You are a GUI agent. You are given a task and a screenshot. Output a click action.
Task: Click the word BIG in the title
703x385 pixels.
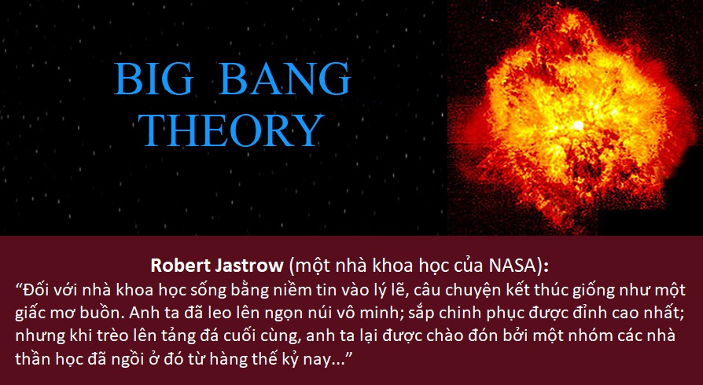click(x=154, y=79)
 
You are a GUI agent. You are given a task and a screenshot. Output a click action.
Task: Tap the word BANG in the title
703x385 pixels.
click(x=285, y=79)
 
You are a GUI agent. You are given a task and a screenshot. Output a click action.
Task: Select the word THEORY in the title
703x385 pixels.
click(x=231, y=130)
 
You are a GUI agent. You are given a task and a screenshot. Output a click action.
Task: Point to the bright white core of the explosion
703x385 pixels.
click(x=578, y=126)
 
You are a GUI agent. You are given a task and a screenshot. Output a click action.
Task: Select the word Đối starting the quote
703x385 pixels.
click(x=36, y=290)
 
